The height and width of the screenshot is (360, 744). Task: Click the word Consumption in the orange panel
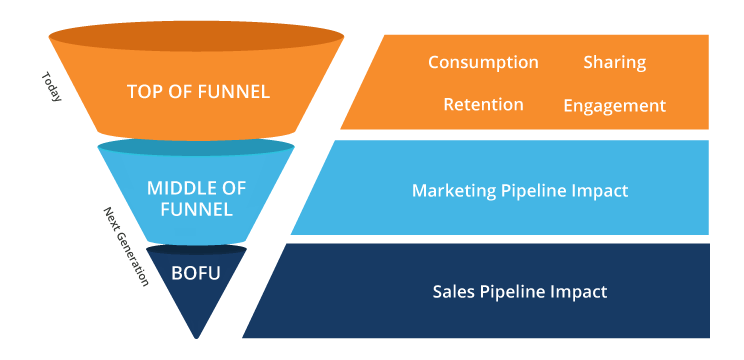pyautogui.click(x=483, y=62)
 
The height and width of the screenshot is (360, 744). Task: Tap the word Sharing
pyautogui.click(x=614, y=62)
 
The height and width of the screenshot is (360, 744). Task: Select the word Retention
pyautogui.click(x=483, y=104)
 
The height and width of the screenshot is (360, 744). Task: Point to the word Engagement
pyautogui.click(x=614, y=105)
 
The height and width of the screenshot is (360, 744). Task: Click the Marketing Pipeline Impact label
pyautogui.click(x=520, y=190)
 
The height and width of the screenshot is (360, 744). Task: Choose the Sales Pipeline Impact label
pyautogui.click(x=520, y=292)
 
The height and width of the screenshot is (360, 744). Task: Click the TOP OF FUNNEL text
pyautogui.click(x=198, y=92)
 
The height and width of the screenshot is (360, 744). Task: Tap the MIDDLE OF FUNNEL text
pyautogui.click(x=196, y=198)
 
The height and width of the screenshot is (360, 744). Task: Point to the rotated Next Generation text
pyautogui.click(x=125, y=246)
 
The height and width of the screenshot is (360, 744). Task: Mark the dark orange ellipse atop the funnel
pyautogui.click(x=196, y=38)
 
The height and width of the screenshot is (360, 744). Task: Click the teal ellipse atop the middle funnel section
pyautogui.click(x=196, y=147)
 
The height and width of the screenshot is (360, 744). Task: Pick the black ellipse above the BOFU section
pyautogui.click(x=196, y=248)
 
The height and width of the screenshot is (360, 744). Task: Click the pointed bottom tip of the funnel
pyautogui.click(x=197, y=335)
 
